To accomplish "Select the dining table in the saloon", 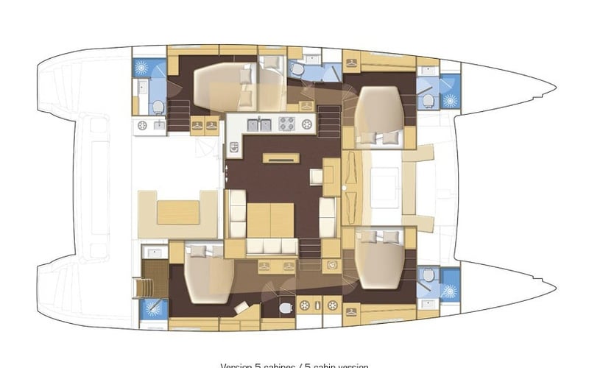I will pyautogui.click(x=270, y=219).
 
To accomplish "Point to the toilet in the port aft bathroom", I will pyautogui.click(x=158, y=107).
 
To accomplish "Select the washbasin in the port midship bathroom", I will pyautogui.click(x=312, y=59).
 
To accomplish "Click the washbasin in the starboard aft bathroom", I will pyautogui.click(x=155, y=252).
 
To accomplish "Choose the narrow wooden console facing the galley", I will pyautogui.click(x=281, y=158).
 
